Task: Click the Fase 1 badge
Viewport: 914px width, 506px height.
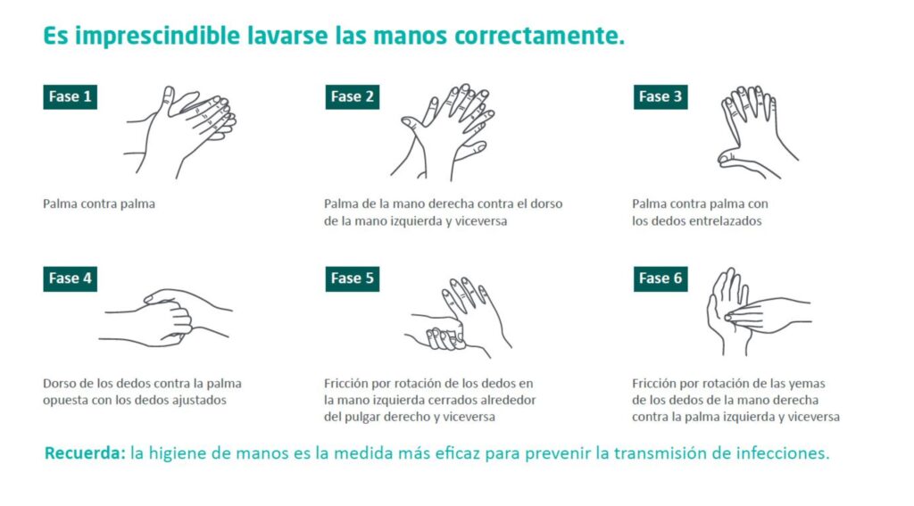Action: pos(70,96)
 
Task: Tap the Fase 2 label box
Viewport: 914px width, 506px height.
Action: pos(352,96)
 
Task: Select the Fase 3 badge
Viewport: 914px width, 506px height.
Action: pos(661,96)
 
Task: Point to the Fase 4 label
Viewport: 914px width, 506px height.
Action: pos(70,278)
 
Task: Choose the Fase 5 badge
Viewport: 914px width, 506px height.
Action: pos(352,278)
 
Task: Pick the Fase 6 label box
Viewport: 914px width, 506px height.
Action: pos(661,278)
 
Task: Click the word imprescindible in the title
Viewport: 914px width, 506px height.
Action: pos(157,36)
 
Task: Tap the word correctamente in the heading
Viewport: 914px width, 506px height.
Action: pos(539,36)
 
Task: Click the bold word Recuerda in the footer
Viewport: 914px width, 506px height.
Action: pos(85,453)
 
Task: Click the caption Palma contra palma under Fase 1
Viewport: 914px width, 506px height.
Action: pos(99,204)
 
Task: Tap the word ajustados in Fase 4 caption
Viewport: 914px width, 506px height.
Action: pos(197,401)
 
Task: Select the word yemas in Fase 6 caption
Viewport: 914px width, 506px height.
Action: pos(807,384)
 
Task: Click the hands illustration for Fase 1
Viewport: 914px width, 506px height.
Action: pos(180,131)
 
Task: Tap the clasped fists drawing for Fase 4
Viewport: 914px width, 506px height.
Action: pos(166,318)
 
